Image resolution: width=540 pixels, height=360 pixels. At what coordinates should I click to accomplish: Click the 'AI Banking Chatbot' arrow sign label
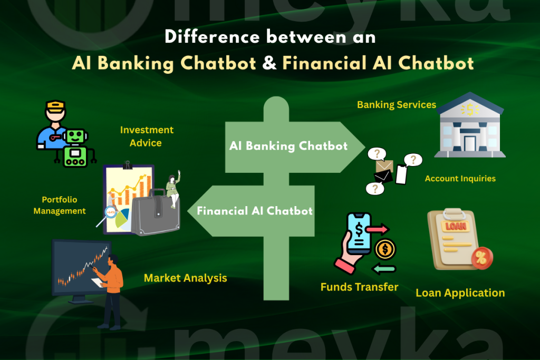(288, 146)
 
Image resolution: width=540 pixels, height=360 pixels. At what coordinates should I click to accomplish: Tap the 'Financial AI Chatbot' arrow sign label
(255, 211)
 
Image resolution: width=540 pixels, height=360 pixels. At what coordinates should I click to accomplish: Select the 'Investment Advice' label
(147, 136)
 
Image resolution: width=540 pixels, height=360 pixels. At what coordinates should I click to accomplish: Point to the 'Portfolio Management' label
(60, 205)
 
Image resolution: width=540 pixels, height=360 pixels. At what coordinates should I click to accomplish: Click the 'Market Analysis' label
(185, 278)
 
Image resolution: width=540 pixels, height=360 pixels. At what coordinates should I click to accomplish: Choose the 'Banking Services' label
(397, 104)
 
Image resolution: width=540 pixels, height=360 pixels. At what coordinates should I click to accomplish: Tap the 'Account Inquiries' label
(460, 178)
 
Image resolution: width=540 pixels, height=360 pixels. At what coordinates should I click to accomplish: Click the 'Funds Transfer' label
(359, 287)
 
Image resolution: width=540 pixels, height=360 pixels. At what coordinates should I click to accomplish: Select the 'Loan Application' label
(460, 293)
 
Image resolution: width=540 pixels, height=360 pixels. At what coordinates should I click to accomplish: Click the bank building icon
(469, 126)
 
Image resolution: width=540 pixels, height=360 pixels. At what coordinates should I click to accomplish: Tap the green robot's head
(75, 136)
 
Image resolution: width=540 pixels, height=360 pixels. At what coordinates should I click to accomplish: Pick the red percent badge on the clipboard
(481, 258)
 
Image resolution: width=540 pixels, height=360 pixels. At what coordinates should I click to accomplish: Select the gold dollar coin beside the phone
(385, 249)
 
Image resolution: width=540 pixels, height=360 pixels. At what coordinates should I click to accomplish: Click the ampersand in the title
(269, 63)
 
